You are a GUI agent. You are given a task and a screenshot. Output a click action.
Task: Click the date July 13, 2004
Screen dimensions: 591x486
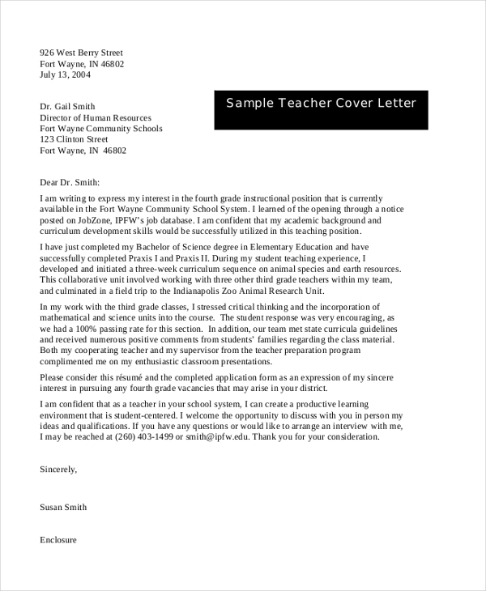(66, 74)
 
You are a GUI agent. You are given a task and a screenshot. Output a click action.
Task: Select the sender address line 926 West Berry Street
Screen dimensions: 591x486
(87, 52)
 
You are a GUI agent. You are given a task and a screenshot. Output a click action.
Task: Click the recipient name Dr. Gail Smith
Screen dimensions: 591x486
(67, 106)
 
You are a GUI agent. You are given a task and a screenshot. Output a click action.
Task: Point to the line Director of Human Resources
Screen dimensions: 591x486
(96, 117)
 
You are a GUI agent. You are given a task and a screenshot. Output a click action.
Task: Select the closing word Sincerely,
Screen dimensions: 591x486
(58, 469)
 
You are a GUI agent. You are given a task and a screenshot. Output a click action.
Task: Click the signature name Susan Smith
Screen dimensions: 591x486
(63, 508)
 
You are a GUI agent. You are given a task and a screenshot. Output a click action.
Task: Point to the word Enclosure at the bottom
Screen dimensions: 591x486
(58, 539)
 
